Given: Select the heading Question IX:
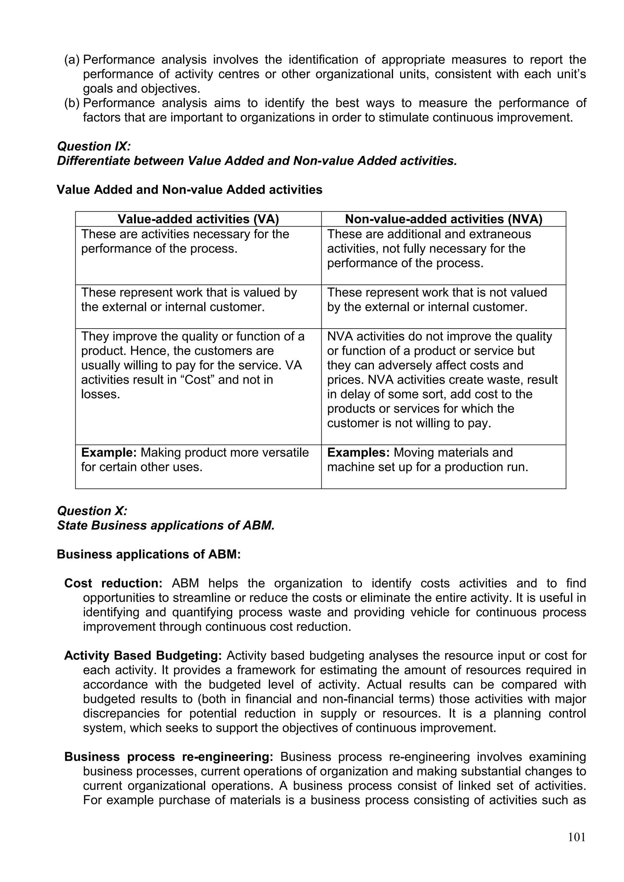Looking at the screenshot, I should tap(94, 146).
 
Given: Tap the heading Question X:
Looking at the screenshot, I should tap(92, 511).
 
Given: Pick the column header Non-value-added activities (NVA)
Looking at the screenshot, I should tap(443, 219).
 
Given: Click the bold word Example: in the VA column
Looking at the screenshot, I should tap(109, 453).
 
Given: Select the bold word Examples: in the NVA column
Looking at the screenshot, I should tap(358, 453).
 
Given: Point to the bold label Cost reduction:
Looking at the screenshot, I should tap(113, 583).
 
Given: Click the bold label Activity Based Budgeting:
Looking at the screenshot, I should tap(143, 655).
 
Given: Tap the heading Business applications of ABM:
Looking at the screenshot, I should tap(149, 554).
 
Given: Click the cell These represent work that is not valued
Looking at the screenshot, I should tap(437, 300).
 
